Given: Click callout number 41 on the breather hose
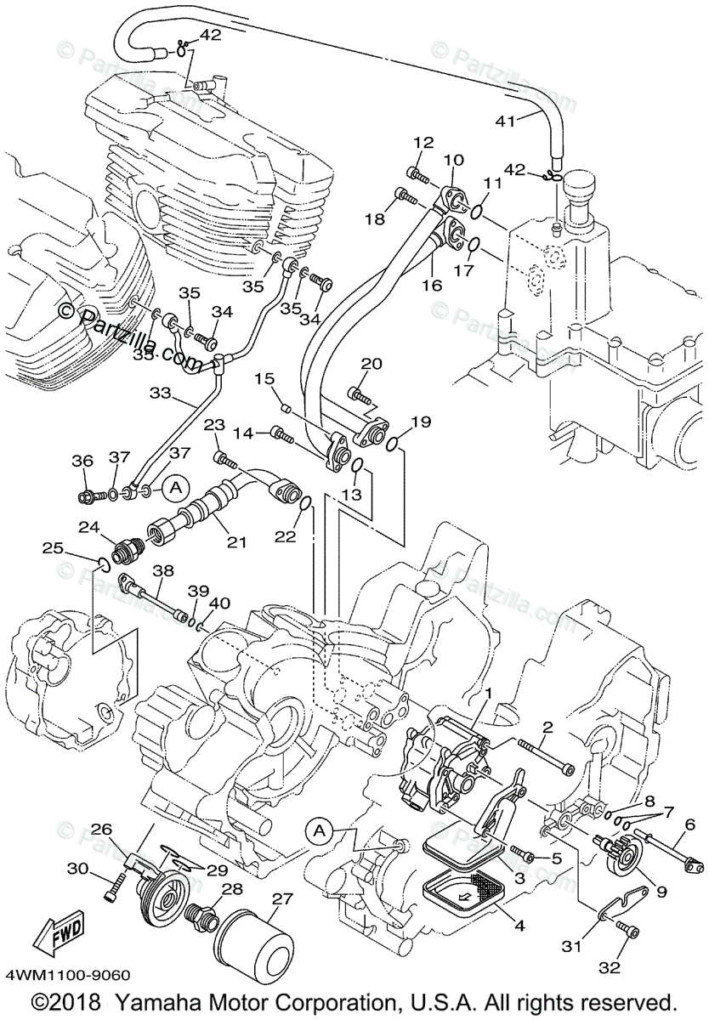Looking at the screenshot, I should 506,121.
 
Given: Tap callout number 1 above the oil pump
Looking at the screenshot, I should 489,694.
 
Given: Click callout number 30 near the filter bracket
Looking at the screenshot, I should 77,868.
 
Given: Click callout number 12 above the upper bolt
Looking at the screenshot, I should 424,142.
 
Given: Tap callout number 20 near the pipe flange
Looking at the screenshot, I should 371,363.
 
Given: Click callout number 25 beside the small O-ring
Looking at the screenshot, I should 54,548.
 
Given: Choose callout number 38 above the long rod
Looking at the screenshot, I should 163,571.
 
